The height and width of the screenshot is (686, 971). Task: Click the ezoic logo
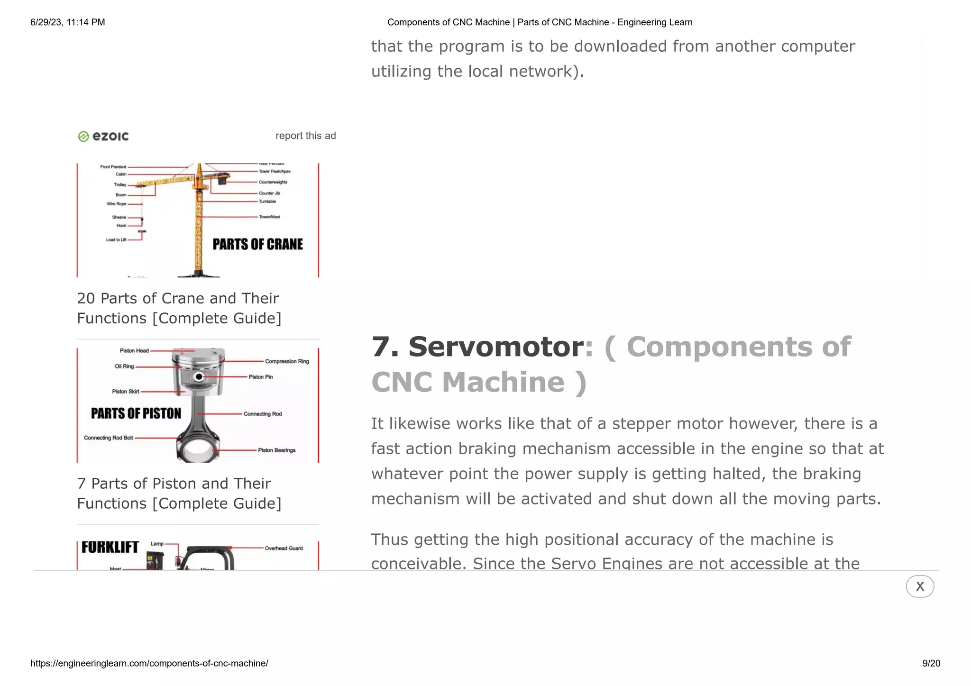103,137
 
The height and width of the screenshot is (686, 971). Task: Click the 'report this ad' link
305,136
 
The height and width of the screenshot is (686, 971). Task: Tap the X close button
919,586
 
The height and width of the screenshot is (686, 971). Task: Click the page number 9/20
931,663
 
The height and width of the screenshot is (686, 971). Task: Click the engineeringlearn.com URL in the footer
149,663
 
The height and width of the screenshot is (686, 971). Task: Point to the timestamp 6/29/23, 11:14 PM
67,22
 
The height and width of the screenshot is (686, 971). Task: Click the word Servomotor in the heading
495,347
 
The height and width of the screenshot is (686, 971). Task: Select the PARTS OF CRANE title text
257,244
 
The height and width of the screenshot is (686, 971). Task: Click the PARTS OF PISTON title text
136,413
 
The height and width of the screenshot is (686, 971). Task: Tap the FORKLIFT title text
110,547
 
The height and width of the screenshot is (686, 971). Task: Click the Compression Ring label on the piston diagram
287,361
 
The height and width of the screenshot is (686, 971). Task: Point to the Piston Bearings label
276,450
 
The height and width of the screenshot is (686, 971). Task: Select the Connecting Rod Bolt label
109,438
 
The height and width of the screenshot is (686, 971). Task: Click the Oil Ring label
124,366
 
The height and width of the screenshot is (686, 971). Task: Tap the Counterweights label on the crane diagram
273,182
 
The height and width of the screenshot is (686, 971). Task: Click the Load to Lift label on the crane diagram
116,240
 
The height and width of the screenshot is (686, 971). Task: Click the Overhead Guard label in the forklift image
284,548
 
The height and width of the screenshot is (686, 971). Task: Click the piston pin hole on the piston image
199,377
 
